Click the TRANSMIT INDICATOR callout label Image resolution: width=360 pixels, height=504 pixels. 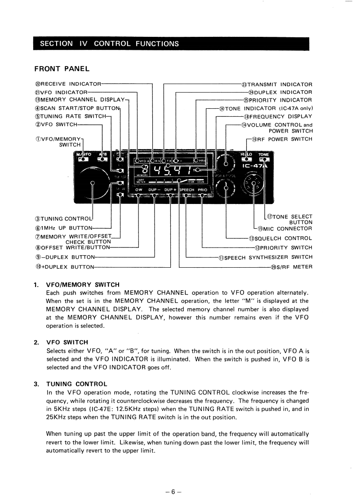277,84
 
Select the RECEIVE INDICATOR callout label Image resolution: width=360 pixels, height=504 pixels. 68,84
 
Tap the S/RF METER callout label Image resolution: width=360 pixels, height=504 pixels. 291,267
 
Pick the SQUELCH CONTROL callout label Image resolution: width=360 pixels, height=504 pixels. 280,239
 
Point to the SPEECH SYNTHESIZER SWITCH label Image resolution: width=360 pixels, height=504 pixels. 265,257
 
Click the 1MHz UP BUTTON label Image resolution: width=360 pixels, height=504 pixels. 63,228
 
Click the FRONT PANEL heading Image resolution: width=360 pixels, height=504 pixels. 62,69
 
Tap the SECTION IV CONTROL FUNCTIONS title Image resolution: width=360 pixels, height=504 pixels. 109,44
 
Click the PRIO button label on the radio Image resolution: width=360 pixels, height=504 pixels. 202,190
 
